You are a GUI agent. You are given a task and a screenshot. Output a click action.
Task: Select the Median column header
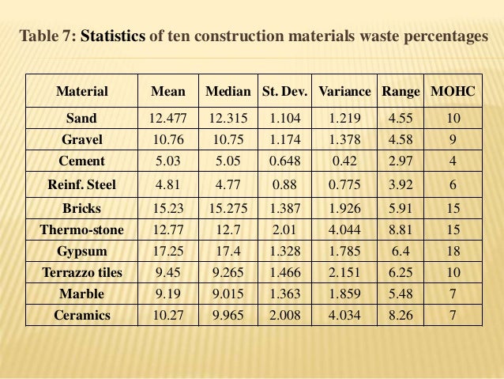coord(228,92)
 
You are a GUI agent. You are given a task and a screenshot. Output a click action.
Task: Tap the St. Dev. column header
coord(285,92)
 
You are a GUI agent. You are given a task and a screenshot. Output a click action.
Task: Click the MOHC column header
coord(453,92)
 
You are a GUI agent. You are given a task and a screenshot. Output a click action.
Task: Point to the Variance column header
coord(344,92)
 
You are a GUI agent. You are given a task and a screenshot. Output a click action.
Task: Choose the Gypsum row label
coord(82,252)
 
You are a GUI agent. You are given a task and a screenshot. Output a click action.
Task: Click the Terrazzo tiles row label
coord(82,273)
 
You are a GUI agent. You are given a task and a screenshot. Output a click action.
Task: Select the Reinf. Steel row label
coord(82,185)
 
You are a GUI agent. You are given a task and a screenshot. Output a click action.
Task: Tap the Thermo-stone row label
coord(82,230)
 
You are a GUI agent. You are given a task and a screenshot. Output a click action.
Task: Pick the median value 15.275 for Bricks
coord(228,209)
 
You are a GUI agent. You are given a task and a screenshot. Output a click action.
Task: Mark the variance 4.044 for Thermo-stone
coord(344,230)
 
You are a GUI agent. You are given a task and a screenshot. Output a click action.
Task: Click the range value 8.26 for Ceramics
coord(401,316)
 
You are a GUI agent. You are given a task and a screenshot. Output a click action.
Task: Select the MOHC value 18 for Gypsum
coord(453,252)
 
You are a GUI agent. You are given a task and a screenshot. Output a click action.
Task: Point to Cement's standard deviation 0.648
coord(285,161)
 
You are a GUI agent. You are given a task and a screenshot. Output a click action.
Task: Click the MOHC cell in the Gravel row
coord(453,140)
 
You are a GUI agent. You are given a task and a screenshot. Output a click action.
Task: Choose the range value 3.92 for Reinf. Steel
coord(401,185)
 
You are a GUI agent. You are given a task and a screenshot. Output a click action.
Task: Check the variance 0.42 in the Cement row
coord(344,161)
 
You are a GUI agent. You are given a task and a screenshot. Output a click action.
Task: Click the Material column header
coord(82,92)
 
